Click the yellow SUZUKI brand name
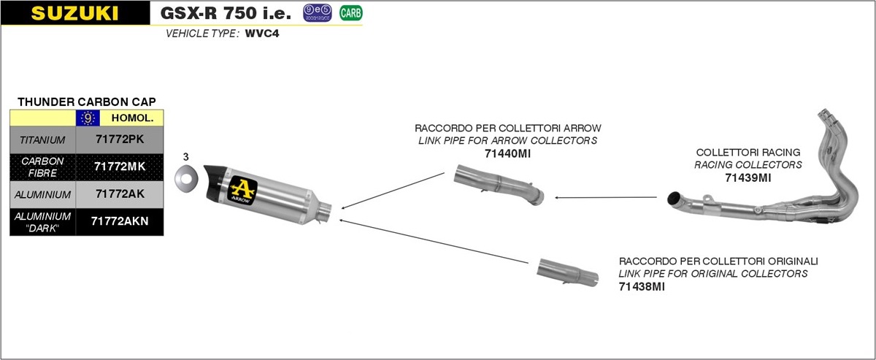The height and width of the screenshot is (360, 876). (74, 13)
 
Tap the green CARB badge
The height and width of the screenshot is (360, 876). (351, 13)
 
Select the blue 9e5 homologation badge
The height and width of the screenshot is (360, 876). (317, 13)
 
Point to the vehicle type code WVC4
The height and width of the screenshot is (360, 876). (262, 34)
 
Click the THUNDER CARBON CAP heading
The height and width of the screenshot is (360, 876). (87, 102)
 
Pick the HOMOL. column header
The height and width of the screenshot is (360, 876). (133, 118)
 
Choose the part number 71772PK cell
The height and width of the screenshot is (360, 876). (120, 139)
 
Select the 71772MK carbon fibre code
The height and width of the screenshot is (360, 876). (120, 166)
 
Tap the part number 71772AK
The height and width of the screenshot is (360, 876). (120, 194)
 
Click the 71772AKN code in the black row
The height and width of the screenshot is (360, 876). (120, 221)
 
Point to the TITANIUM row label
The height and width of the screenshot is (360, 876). (42, 140)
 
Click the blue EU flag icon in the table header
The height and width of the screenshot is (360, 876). (88, 118)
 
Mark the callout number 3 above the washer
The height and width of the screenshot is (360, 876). (185, 157)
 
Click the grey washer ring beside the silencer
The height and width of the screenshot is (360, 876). (186, 179)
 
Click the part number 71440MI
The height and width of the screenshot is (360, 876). (507, 154)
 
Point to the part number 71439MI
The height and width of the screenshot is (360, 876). (748, 178)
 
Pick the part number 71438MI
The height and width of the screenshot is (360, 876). (642, 287)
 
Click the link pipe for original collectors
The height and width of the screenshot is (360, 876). (567, 272)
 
